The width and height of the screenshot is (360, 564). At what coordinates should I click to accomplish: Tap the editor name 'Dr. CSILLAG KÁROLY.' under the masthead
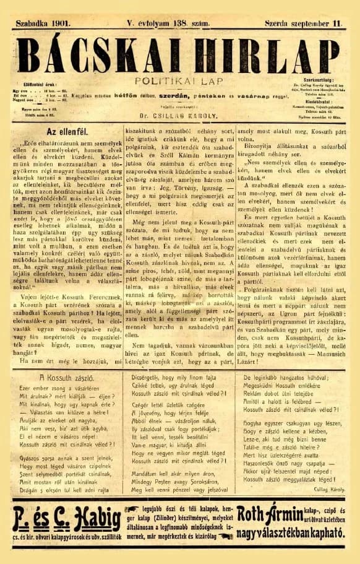(179, 115)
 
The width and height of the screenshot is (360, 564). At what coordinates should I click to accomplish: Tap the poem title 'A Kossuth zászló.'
(66, 376)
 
